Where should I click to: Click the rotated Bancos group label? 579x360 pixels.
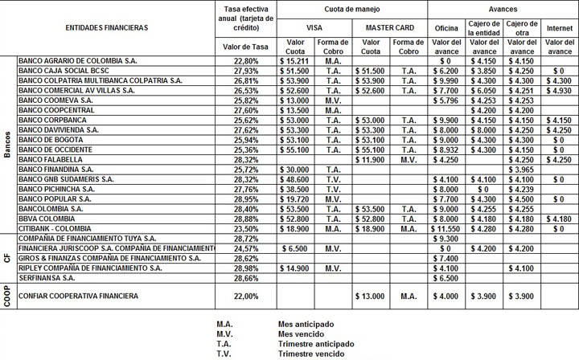click(7, 145)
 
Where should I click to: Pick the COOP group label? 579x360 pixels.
click(7, 297)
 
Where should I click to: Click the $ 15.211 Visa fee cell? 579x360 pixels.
click(290, 60)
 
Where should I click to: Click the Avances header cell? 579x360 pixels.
click(498, 8)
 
